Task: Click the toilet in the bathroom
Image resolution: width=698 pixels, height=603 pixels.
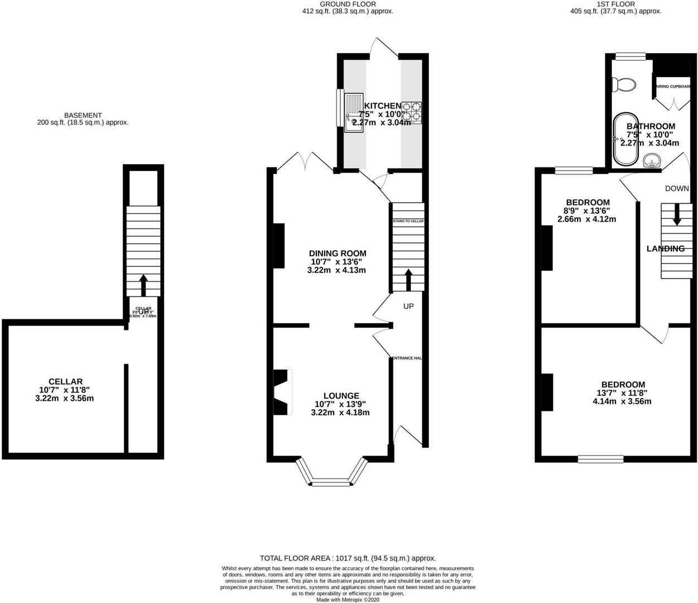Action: tap(624, 85)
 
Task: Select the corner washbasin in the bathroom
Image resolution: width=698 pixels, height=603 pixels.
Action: tap(652, 161)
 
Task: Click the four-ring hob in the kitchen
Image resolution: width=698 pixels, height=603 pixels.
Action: tap(412, 111)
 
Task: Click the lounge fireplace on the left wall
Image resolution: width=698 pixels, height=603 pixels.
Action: tap(282, 392)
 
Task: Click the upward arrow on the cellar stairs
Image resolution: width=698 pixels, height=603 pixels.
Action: tap(143, 284)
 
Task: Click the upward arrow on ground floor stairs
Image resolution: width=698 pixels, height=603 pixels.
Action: tap(408, 279)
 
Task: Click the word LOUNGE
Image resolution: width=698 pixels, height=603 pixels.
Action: tap(340, 395)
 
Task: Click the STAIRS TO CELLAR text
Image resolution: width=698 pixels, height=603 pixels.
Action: tap(408, 221)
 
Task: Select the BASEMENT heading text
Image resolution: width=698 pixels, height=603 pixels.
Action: tap(83, 115)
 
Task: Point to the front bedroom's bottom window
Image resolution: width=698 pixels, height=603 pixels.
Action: tap(600, 459)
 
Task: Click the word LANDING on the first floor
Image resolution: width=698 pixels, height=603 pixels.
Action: tap(665, 248)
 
